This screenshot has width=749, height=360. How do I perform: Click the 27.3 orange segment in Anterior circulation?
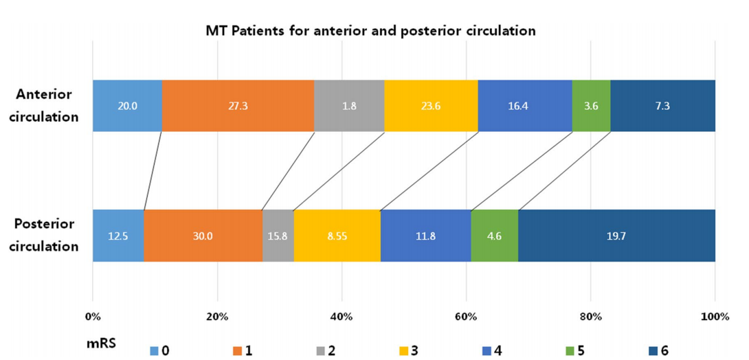tap(238, 106)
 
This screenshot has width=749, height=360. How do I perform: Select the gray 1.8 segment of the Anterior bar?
tap(349, 106)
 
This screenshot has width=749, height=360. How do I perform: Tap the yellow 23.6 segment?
tap(432, 106)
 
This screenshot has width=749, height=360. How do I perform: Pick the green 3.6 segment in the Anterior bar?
tap(592, 106)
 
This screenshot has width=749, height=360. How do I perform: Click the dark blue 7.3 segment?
tap(663, 106)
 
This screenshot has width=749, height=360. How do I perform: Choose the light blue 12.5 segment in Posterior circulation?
tap(118, 236)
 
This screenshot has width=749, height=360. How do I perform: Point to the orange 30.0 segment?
tap(203, 236)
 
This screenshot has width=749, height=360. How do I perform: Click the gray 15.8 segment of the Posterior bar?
tap(278, 236)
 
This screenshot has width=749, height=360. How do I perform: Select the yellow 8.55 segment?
tap(337, 236)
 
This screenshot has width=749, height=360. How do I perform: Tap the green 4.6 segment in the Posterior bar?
tap(495, 236)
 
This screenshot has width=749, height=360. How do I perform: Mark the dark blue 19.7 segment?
tap(616, 236)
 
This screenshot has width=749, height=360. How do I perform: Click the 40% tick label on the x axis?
tap(342, 317)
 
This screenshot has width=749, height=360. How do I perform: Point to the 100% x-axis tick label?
tap(715, 317)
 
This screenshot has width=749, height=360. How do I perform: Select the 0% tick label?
tap(93, 317)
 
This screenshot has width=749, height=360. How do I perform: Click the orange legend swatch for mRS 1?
tap(237, 351)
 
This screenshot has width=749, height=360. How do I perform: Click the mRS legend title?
tap(101, 343)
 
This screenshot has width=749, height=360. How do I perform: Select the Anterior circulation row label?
tap(47, 106)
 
